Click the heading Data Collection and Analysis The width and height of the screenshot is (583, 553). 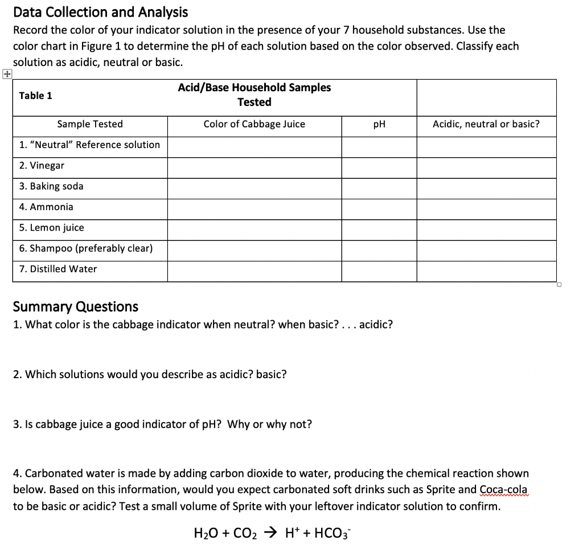[x=100, y=11]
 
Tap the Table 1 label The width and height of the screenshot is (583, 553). [x=35, y=96]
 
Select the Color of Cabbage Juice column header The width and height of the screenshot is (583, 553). [x=254, y=124]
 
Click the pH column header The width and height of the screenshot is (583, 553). [x=379, y=124]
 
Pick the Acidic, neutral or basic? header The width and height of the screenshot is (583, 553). [x=486, y=124]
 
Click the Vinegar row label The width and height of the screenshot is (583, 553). [x=42, y=166]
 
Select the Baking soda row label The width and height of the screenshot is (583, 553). [x=51, y=186]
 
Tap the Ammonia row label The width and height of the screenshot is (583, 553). [x=46, y=207]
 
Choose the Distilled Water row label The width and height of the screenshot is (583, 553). [x=58, y=269]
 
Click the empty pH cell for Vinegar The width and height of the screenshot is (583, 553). [x=379, y=167]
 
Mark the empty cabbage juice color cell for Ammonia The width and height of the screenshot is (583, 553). [x=254, y=209]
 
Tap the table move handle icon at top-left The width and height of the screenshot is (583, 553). [x=6, y=73]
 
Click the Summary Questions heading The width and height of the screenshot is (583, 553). [x=75, y=306]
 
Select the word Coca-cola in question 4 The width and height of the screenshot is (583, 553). [x=503, y=490]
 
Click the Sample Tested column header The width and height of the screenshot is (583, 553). [x=90, y=124]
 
